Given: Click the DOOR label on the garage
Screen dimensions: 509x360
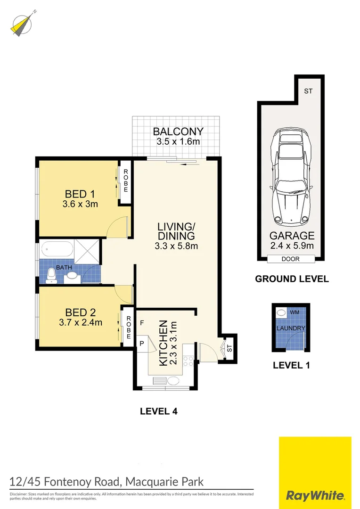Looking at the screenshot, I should tap(291, 259).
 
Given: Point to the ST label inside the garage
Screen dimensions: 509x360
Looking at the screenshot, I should tap(308, 91).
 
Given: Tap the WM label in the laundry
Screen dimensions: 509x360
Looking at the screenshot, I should tap(295, 312).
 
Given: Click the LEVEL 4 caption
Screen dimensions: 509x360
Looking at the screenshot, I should tap(158, 411).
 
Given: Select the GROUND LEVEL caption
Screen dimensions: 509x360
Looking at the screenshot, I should tap(292, 279).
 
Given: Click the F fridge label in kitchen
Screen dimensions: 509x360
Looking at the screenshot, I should tap(141, 324).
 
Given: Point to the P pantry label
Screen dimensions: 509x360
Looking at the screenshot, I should tap(141, 344).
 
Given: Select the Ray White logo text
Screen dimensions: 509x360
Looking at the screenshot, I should tap(315, 496).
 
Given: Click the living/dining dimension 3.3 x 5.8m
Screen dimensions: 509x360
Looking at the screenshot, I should tap(176, 246).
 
